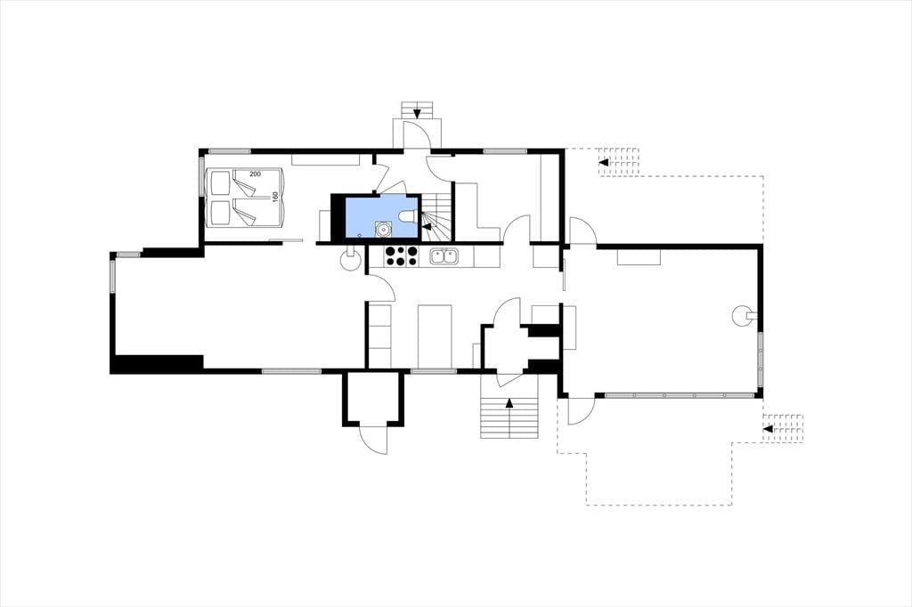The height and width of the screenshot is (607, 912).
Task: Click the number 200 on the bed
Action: point(256,174)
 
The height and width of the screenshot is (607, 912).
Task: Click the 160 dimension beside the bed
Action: point(275,198)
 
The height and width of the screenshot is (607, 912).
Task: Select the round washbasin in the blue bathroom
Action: point(383,229)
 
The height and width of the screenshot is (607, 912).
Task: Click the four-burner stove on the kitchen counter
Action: point(401,256)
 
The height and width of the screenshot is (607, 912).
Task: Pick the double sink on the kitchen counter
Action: point(444,256)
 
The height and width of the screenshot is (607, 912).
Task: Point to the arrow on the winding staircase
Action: point(427,226)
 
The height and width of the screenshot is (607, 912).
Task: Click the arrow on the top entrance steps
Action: point(417,113)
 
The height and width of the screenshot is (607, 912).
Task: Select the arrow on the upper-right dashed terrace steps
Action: point(604,162)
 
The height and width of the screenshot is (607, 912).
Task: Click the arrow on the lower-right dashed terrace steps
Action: point(768,428)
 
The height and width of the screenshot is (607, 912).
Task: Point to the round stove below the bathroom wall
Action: point(350,260)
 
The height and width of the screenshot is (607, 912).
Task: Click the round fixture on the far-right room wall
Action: point(745,316)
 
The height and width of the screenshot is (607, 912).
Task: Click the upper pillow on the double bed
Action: point(220,182)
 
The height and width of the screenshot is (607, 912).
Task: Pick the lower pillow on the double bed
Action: point(220,214)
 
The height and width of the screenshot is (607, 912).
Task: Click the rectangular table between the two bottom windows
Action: point(435,336)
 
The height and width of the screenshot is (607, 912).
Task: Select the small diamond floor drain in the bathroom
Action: point(360,235)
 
